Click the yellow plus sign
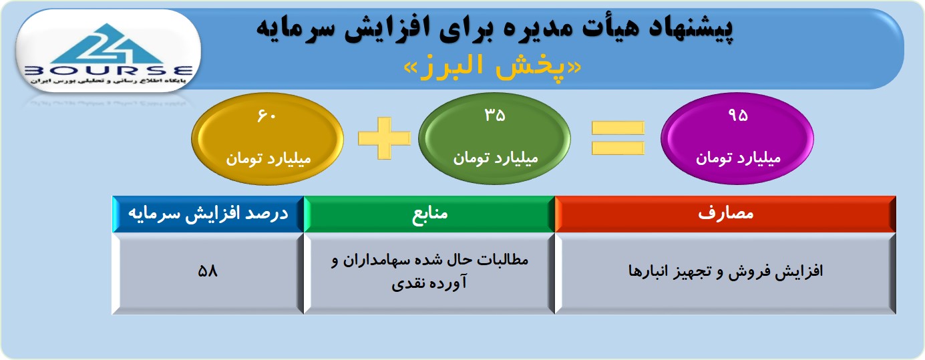click(384, 138)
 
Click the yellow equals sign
click(618, 138)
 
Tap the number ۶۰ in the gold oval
click(266, 116)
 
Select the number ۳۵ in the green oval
click(495, 115)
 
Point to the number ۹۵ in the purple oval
click(737, 115)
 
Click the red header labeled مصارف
click(725, 214)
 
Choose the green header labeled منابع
click(429, 214)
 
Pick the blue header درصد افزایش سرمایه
click(208, 214)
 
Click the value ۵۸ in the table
click(208, 271)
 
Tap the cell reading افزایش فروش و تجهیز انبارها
click(725, 272)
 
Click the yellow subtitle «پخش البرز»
click(492, 67)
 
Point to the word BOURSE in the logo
click(108, 71)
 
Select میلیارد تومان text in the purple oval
click(739, 158)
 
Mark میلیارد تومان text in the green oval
click(496, 158)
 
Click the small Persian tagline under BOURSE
click(108, 81)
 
